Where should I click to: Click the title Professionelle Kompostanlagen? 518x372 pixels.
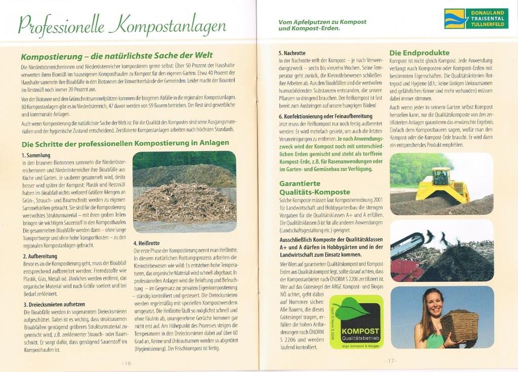coord(121,25)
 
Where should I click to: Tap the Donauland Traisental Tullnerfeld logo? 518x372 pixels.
coord(476,18)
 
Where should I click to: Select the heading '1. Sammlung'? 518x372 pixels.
coord(36,155)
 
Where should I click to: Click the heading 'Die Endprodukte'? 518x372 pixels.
coord(419,53)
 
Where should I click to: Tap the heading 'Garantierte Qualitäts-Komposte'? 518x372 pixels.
coord(314,188)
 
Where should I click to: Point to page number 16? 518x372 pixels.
coord(126,363)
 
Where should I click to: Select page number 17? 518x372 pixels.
coord(391,361)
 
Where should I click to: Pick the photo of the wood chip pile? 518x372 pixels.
coord(184,191)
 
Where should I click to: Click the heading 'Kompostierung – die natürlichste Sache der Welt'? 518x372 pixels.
coord(117,55)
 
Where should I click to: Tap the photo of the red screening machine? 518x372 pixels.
coord(441,251)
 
